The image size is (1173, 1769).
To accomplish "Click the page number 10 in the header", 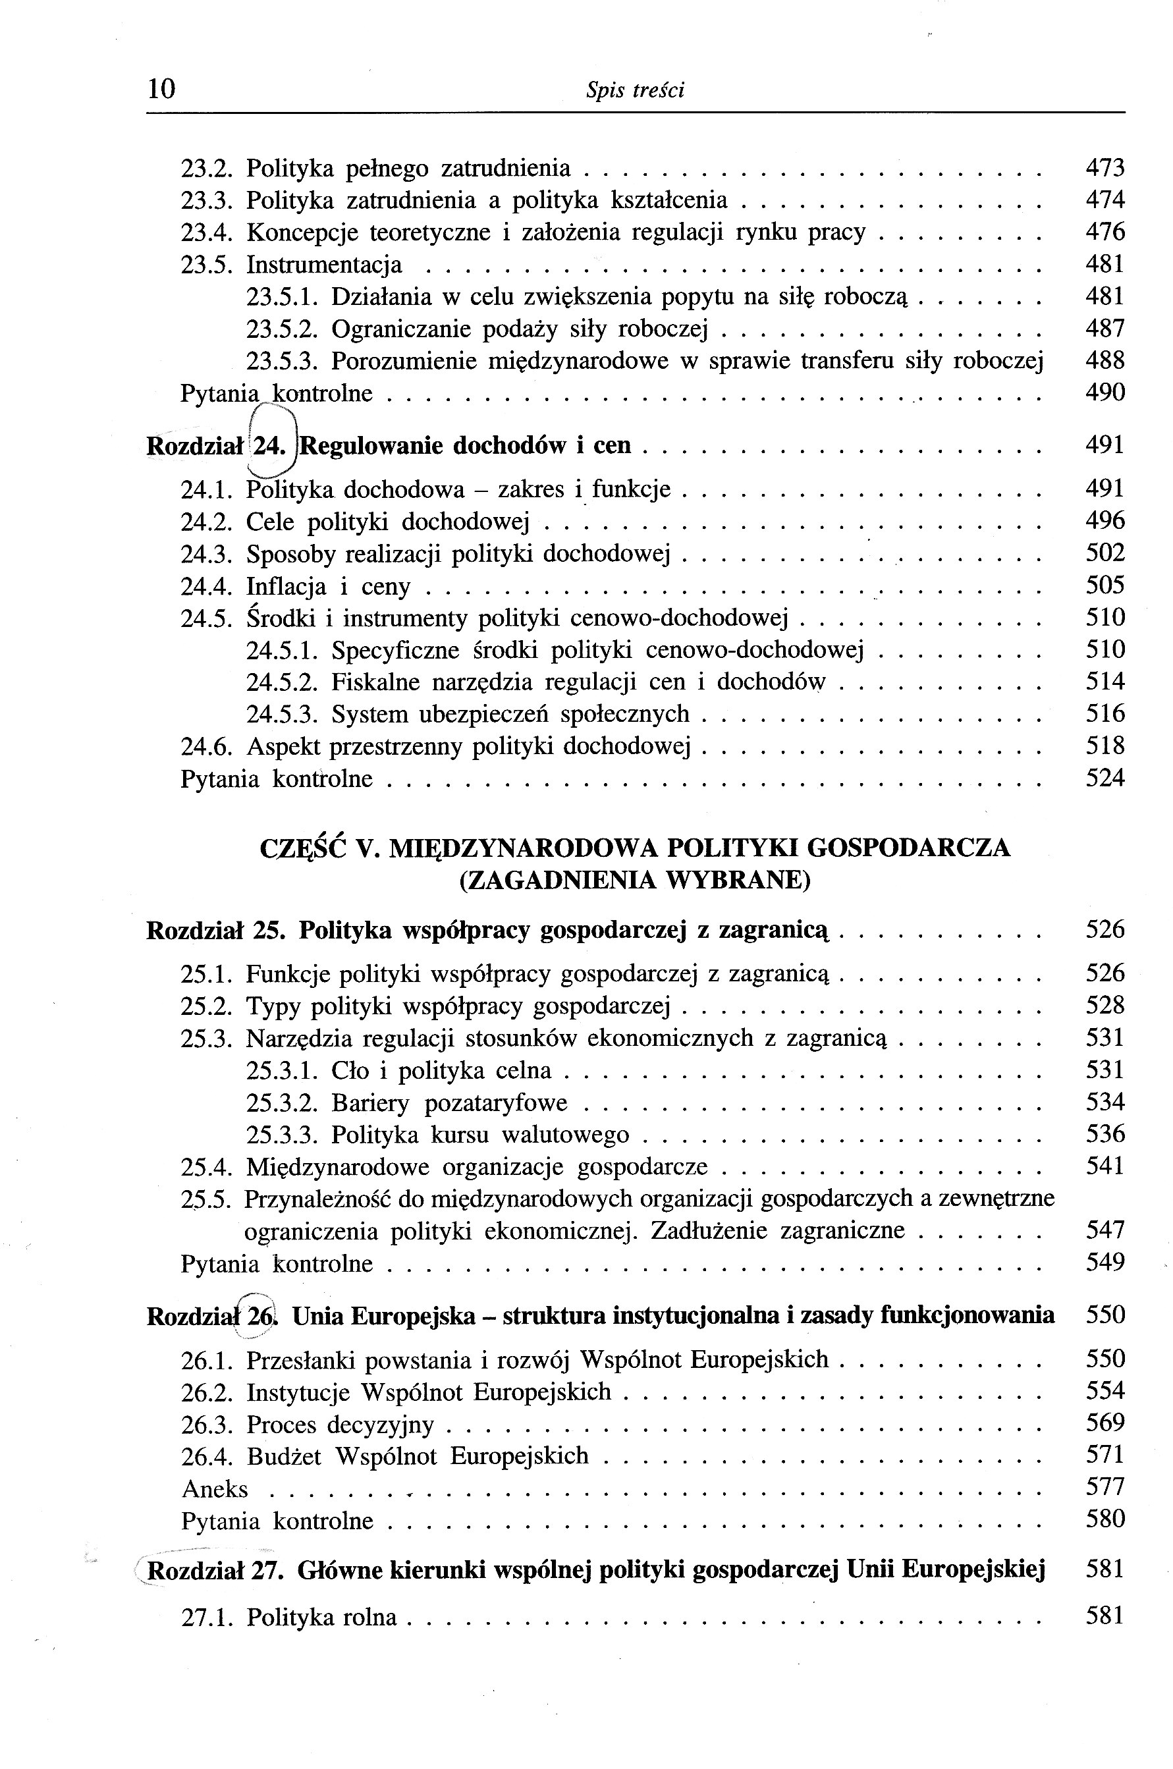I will point(161,89).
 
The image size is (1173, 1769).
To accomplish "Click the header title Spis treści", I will point(635,90).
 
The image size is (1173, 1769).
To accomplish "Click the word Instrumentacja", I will point(324,265).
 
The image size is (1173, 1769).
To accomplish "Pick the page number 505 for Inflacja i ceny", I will point(1105,585).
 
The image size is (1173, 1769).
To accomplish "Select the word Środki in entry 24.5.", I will point(279,618).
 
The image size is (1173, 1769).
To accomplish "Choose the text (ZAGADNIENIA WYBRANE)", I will point(635,881).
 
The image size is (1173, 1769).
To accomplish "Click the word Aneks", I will point(215,1489).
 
